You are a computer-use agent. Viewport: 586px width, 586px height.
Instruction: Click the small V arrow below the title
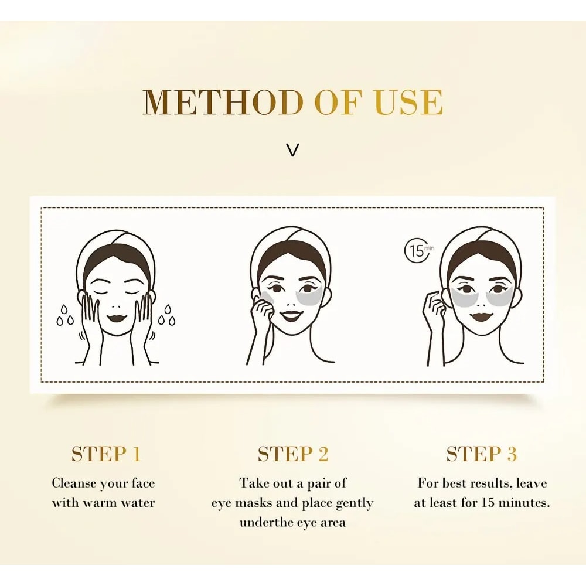[293, 150]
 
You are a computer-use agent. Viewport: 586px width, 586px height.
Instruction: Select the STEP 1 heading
[106, 454]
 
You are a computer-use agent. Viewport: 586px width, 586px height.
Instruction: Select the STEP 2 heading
[293, 454]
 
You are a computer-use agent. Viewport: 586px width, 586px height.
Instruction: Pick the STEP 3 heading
[482, 454]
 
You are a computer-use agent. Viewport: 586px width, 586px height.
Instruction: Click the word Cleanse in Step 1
[73, 483]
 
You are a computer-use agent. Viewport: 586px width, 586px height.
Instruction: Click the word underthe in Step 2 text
[266, 522]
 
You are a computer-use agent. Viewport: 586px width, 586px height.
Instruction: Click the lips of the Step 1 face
[117, 317]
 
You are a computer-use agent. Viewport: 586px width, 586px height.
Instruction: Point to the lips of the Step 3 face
[482, 316]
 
